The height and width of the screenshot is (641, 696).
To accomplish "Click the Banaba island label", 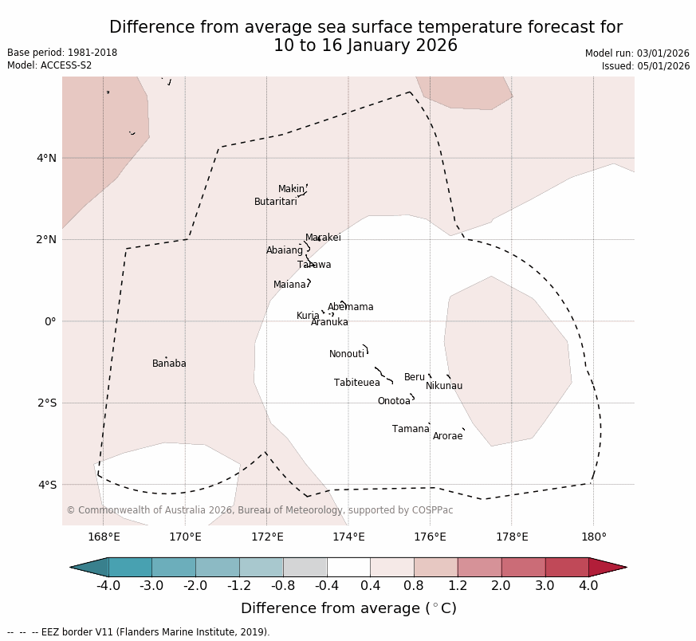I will pyautogui.click(x=169, y=364).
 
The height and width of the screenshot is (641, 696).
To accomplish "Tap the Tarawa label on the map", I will pyautogui.click(x=314, y=265).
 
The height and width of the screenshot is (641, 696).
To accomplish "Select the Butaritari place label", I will pyautogui.click(x=275, y=202).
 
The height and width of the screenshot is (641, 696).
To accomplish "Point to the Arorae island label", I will pyautogui.click(x=447, y=436).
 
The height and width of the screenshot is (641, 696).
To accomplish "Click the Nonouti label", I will pyautogui.click(x=347, y=354).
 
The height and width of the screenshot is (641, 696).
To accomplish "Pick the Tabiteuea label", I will pyautogui.click(x=356, y=383).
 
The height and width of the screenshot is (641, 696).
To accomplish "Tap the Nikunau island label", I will pyautogui.click(x=444, y=386).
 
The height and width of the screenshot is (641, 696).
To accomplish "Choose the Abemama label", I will pyautogui.click(x=350, y=307).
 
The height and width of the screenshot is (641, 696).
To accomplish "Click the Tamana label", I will pyautogui.click(x=411, y=429).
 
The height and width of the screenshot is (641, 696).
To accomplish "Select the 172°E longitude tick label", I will pyautogui.click(x=267, y=537).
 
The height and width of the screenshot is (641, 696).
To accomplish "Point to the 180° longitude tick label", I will pyautogui.click(x=593, y=537).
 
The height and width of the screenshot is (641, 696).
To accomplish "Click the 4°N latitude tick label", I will pyautogui.click(x=46, y=158).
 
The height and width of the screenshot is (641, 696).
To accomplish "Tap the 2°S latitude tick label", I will pyautogui.click(x=46, y=403).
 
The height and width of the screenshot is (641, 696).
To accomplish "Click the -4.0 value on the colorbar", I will pyautogui.click(x=108, y=586).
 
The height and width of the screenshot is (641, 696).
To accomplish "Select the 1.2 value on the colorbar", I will pyautogui.click(x=458, y=586).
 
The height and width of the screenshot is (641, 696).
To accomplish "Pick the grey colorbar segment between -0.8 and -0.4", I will pyautogui.click(x=305, y=567).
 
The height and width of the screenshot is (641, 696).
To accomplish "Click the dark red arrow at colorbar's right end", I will pyautogui.click(x=608, y=567).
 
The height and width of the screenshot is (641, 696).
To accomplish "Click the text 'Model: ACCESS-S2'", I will pyautogui.click(x=49, y=65).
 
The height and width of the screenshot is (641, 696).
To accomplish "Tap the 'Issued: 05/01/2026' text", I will pyautogui.click(x=645, y=66).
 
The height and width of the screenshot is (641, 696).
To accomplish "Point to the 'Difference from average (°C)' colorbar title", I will pyautogui.click(x=348, y=608).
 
